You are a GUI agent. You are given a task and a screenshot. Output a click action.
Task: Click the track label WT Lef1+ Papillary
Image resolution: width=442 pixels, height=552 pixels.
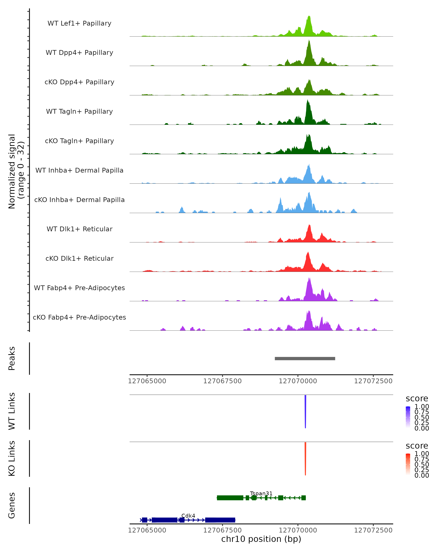(79, 23)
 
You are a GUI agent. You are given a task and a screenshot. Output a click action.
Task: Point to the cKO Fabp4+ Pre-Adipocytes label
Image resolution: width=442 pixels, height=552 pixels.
(79, 317)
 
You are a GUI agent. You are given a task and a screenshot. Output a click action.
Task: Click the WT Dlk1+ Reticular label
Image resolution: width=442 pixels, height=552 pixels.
(79, 229)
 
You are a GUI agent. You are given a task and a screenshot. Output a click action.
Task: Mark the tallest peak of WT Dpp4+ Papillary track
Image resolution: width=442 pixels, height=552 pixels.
(309, 41)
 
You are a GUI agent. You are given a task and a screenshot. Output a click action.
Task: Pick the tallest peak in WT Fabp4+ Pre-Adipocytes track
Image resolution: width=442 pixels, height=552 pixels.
(309, 279)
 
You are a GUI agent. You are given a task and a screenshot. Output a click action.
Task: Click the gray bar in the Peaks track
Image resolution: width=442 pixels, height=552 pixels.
(305, 358)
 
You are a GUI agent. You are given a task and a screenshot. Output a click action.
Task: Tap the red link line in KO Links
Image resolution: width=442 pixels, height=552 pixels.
(305, 458)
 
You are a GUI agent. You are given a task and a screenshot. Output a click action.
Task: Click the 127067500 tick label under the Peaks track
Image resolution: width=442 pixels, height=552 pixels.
(222, 381)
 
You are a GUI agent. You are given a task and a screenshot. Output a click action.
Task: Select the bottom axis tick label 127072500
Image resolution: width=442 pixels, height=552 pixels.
(373, 530)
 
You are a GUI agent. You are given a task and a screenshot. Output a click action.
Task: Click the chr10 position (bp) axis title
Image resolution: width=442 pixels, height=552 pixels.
(261, 539)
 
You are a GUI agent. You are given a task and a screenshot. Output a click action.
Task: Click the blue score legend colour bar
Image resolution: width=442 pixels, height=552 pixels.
(408, 417)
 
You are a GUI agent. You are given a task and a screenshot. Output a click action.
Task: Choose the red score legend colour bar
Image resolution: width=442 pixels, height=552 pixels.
(408, 464)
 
